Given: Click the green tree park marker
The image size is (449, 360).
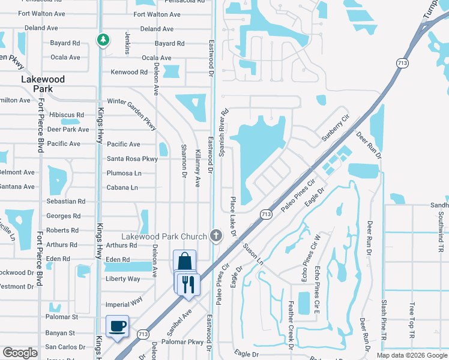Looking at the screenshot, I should pyautogui.click(x=103, y=40).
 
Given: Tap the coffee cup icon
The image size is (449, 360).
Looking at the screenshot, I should pyautogui.click(x=117, y=326).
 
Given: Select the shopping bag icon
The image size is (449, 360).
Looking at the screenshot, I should pyautogui.click(x=184, y=262).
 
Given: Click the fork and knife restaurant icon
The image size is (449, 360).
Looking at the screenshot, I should pyautogui.click(x=189, y=283).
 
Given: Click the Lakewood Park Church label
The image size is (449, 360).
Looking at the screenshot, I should pyautogui.click(x=165, y=236).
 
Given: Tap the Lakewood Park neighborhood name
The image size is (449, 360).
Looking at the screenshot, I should pyautogui.click(x=43, y=84).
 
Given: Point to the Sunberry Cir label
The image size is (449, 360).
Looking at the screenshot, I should pyautogui.click(x=335, y=128).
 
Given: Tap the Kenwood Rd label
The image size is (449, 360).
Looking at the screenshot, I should pyautogui.click(x=129, y=72).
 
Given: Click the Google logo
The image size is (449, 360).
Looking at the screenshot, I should pyautogui.click(x=20, y=353).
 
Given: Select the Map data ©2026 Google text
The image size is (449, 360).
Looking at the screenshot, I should pyautogui.click(x=412, y=355).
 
